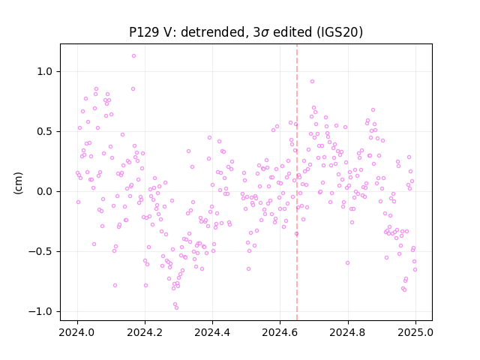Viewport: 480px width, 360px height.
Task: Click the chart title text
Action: (x=246, y=32)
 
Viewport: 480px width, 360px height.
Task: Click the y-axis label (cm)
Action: (x=18, y=183)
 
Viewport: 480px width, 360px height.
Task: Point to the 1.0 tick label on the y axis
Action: (x=46, y=72)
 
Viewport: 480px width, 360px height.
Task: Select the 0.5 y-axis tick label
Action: (x=46, y=132)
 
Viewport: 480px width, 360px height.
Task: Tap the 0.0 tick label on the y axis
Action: (x=46, y=192)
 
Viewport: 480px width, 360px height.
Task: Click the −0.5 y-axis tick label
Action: (x=42, y=252)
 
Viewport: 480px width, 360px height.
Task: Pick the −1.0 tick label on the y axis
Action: (x=42, y=312)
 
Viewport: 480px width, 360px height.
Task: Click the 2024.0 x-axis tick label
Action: (x=77, y=332)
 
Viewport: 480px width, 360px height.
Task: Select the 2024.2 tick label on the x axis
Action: (x=145, y=332)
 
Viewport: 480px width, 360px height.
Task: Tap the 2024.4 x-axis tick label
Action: (x=212, y=332)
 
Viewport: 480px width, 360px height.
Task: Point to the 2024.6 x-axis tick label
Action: (x=280, y=332)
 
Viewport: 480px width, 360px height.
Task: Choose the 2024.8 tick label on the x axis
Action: (x=348, y=332)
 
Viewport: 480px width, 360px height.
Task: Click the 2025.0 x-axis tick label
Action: (x=415, y=332)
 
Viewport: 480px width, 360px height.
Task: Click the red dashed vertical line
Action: (x=297, y=182)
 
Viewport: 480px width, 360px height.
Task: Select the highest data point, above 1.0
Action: (x=133, y=56)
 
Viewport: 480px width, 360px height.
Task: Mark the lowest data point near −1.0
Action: (x=176, y=307)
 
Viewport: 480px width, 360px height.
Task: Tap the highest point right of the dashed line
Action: (x=312, y=82)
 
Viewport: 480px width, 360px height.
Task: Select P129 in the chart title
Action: (x=143, y=32)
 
